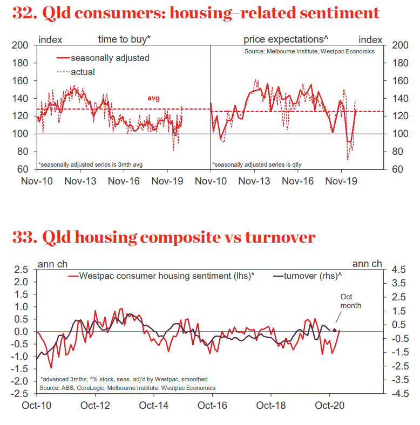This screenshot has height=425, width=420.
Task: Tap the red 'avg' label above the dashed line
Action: pos(153,98)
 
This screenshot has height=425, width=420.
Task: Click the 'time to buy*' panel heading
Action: pos(124,39)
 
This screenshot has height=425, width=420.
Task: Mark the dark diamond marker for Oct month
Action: pos(335,330)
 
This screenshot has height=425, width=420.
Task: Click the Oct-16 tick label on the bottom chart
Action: pos(212,404)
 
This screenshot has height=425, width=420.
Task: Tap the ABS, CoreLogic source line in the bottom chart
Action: pos(127,388)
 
